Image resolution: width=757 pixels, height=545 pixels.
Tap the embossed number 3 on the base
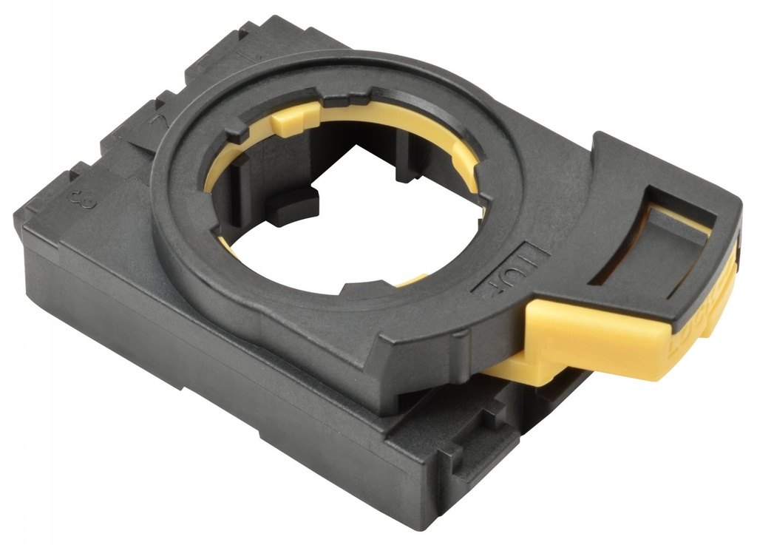click(73, 199)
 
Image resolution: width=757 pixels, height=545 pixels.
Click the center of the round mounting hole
click(347, 214)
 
